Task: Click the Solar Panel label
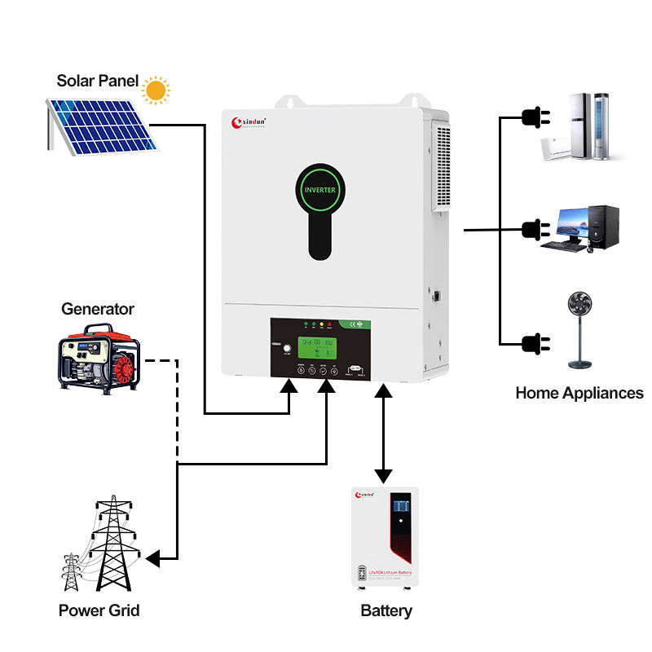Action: tap(98, 81)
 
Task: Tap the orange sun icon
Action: tap(155, 89)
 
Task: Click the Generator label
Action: tap(98, 310)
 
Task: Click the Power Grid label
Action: tap(99, 610)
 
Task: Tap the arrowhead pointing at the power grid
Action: tap(154, 558)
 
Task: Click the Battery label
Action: tap(386, 610)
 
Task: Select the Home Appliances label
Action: tap(579, 393)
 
